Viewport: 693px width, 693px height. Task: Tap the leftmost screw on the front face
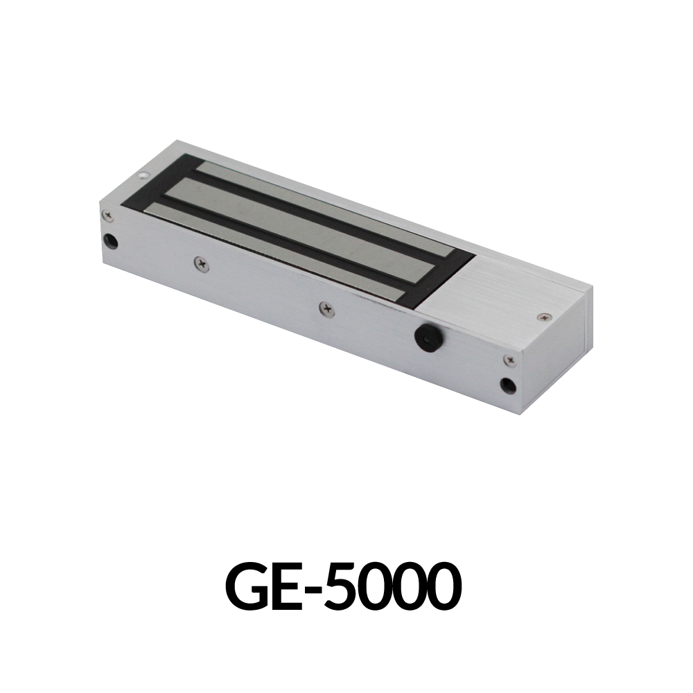pos(107,216)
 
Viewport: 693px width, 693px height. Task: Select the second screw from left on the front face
pos(202,263)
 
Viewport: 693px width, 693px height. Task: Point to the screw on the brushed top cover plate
pos(544,316)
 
